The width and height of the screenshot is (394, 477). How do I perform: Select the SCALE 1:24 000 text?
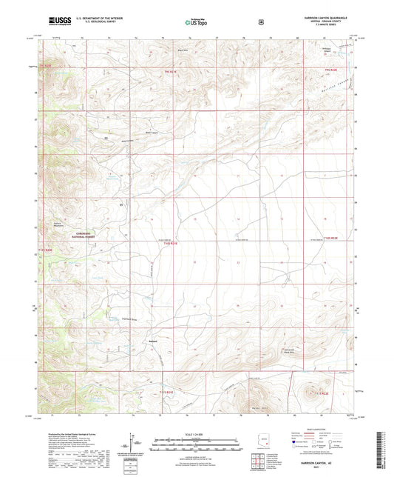[x=197, y=433]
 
